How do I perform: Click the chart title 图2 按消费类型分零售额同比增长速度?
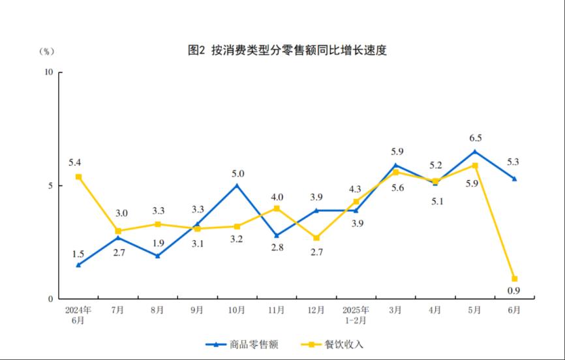point(287,50)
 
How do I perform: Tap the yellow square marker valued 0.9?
point(515,279)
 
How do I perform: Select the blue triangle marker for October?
point(237,185)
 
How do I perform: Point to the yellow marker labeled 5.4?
point(78,177)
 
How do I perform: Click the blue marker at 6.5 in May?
point(475,151)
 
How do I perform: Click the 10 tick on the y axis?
point(48,72)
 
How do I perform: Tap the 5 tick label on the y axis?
point(51,186)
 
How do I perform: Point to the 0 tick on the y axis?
point(51,299)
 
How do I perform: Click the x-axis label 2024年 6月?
point(78,315)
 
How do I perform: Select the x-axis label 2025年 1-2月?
point(356,315)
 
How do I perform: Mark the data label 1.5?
point(78,253)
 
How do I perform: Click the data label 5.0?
point(237,173)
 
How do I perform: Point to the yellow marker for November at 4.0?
point(277,208)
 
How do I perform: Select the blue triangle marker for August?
point(158,256)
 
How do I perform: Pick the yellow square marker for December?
point(316,238)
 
